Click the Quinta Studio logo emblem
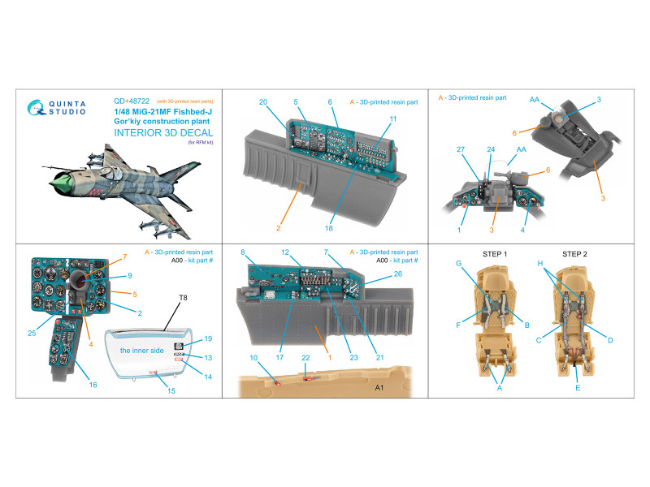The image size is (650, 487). pos(36,107)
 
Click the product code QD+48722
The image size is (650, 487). pos(132,101)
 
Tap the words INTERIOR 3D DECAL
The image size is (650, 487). pos(163,133)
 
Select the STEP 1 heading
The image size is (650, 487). pos(495,254)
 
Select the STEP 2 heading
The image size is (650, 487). pos(574,254)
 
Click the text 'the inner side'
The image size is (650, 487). pos(141,351)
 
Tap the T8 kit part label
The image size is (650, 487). pos(184,298)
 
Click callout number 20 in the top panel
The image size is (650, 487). pos(263,102)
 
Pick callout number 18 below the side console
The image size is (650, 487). pos(329,228)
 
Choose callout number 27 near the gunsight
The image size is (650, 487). pos(461,149)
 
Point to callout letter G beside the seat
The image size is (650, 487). pos(458,263)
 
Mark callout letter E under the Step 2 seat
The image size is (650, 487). pos(578,388)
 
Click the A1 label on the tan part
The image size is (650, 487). pos(379,388)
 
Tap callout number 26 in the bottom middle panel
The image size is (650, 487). pos(398,274)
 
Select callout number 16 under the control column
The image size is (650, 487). pos(93,385)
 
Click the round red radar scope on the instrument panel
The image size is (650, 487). pos(82,280)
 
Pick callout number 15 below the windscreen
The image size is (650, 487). pos(171,390)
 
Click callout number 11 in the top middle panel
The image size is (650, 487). pos(393,119)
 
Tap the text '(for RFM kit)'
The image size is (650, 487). pos(201,143)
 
